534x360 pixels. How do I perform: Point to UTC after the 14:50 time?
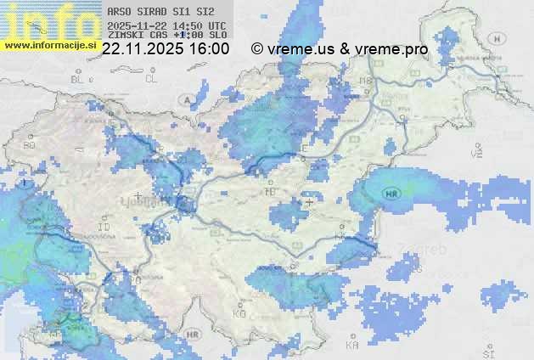pos(216,25)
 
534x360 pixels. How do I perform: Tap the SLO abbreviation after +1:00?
pos(217,37)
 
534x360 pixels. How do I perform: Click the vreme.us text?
pos(301,49)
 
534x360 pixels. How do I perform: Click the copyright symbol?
pos(257,49)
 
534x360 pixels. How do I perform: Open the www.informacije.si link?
pos(49,44)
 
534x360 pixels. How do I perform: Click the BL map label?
pos(78,79)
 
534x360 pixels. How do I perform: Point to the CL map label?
pos(151,79)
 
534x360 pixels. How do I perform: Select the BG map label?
pos(29,145)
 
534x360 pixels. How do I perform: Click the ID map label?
pos(104,228)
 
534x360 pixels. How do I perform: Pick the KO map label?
pos(239,313)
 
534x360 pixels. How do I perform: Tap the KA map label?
pos(352,346)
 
